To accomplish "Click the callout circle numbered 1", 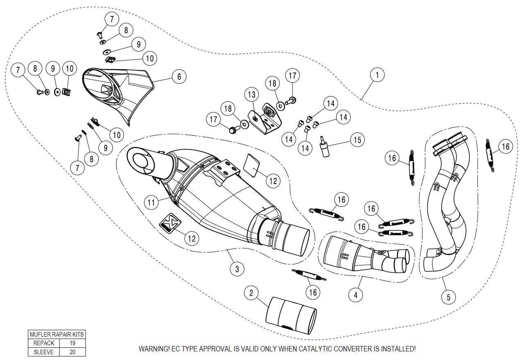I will [x=377, y=75].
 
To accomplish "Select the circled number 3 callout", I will [x=237, y=269].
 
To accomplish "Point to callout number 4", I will [x=356, y=294].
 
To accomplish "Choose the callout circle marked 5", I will [x=448, y=297].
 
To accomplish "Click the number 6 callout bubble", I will [x=179, y=76].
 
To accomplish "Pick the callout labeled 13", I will [x=251, y=95].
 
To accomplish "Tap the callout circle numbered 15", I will [x=357, y=140].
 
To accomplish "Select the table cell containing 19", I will [x=73, y=343].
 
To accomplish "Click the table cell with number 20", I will [x=73, y=351].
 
